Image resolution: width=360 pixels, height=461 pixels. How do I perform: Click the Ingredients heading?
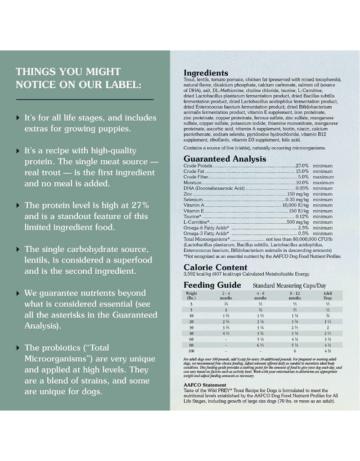point(206,73)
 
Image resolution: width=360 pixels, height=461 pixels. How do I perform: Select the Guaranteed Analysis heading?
point(225,159)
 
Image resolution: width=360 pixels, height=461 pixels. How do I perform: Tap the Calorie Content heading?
point(215,267)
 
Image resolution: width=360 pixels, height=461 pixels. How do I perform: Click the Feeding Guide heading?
point(212,285)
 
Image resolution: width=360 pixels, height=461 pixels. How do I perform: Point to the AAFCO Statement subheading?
point(205,385)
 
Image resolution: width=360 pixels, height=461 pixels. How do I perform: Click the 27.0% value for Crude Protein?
point(302,166)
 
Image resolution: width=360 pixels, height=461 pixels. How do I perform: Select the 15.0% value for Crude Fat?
point(302,172)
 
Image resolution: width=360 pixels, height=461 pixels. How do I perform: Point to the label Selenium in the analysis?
point(193,199)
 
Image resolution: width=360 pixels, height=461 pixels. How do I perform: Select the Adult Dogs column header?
point(328,295)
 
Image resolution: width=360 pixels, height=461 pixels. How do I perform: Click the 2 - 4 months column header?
point(226,295)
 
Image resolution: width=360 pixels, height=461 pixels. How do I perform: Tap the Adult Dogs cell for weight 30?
point(328,327)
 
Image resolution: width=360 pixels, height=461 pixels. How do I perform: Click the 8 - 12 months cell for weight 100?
point(295,351)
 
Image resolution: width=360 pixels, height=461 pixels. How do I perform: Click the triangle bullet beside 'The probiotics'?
point(18,348)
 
